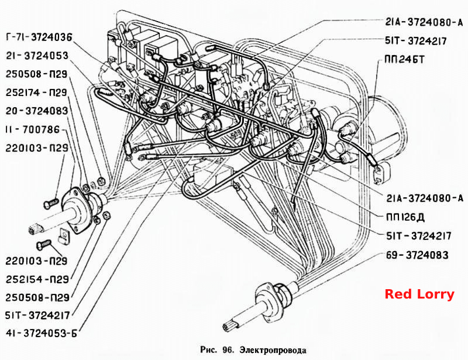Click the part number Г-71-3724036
coord(39,37)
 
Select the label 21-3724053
coord(37,56)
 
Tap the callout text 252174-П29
coord(36,92)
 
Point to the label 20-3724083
coord(37,111)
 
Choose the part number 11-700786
coord(33,130)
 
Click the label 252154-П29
coord(37,279)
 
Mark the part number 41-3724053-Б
coord(41,333)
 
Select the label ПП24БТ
coord(404,60)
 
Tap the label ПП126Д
coord(405,217)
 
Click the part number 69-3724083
coord(417,255)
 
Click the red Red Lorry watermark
coord(419,294)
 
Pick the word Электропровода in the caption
coord(273,350)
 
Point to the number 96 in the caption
coord(228,349)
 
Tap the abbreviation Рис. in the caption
coord(209,350)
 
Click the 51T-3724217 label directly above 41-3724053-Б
coord(37,315)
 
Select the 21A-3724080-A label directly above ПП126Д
coord(425,198)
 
